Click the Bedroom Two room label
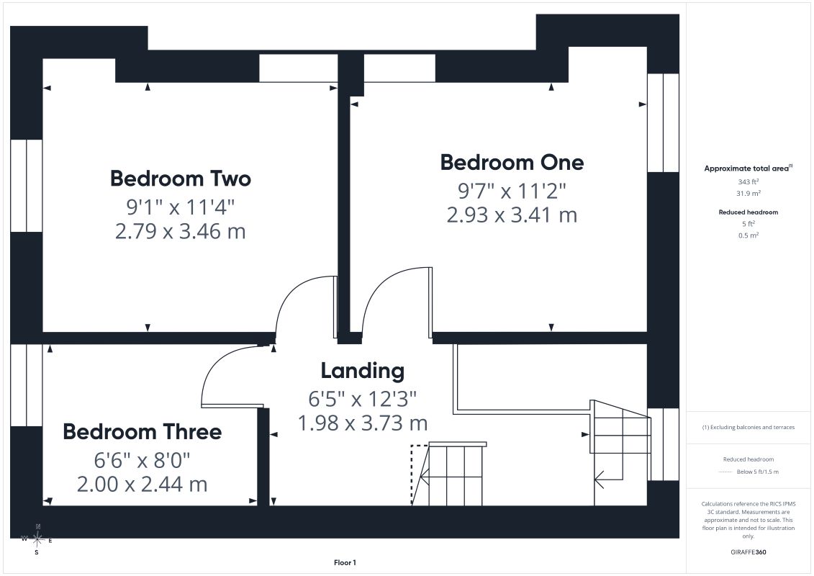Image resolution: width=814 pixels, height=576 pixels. pos(181,178)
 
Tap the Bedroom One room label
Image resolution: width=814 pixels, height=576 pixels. pos(512,162)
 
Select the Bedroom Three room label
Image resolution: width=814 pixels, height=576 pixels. pos(143,431)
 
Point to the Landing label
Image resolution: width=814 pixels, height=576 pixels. pos(362,371)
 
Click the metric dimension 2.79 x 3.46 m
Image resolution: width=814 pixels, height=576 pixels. pos(180,231)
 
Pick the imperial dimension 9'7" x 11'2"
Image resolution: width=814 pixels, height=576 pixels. pos(512,191)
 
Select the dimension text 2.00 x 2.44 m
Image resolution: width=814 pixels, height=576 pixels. pos(143,484)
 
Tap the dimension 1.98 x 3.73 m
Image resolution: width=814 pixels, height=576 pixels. pos(362,423)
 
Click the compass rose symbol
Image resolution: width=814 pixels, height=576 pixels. pos(37,540)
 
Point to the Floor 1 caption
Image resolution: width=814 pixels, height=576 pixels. pos(345,562)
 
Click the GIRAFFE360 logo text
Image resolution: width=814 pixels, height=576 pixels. pos(748,552)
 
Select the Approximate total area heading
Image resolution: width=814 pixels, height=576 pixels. pos(748,168)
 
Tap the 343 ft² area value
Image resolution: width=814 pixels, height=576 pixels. pos(748,181)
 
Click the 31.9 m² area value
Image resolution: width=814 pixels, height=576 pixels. pos(748,193)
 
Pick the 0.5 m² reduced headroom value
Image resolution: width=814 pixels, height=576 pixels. pos(748,235)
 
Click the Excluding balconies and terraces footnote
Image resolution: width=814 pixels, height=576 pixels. pos(748,428)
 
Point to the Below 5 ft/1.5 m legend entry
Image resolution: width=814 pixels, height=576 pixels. pos(757,472)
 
